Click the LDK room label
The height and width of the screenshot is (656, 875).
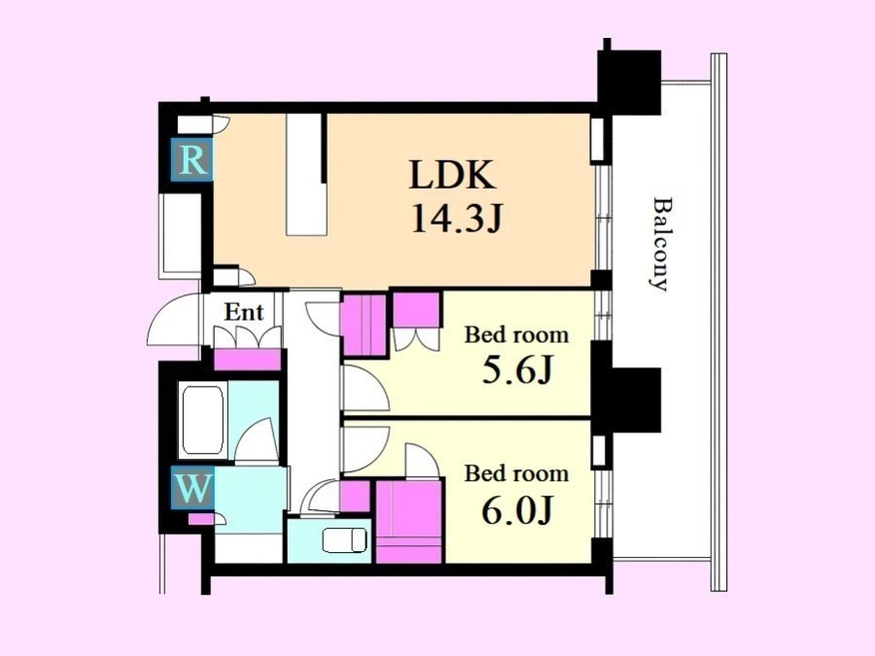point(452,175)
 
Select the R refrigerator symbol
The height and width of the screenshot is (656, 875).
point(192,159)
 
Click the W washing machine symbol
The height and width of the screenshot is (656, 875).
point(192,488)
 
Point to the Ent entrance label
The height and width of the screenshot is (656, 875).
point(244,312)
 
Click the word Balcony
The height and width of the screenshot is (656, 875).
point(662,244)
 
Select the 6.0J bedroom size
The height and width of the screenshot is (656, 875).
point(517,510)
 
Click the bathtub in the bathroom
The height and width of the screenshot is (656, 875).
point(202,420)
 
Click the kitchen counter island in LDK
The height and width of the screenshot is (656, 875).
point(306,175)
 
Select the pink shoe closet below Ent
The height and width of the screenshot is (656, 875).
point(247,360)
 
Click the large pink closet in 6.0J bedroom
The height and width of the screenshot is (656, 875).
point(410,522)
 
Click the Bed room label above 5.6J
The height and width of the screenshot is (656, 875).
point(517,334)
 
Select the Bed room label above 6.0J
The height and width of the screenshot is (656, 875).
point(517,473)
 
